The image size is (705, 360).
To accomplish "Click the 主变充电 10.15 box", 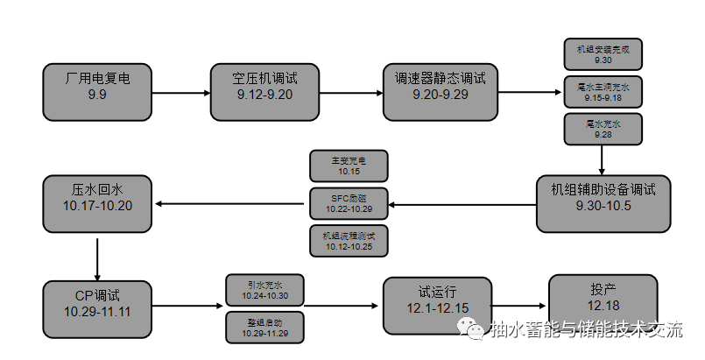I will pyautogui.click(x=349, y=166).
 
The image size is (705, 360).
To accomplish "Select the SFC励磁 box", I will pyautogui.click(x=349, y=204).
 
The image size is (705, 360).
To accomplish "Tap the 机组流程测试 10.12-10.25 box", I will pyautogui.click(x=349, y=240).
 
